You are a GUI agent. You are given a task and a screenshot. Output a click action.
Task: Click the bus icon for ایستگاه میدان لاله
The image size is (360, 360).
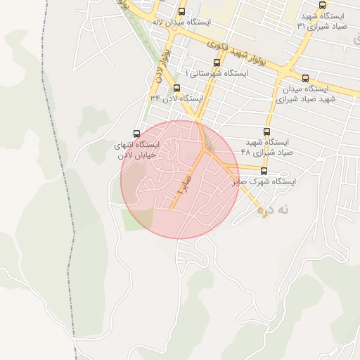point(182,12)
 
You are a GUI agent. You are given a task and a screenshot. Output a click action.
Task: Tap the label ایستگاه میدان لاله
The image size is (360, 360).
point(182,22)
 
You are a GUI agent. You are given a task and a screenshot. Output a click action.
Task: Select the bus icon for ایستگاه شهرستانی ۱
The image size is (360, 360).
point(216,63)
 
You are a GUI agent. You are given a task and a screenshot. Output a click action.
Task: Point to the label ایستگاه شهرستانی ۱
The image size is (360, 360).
point(216,73)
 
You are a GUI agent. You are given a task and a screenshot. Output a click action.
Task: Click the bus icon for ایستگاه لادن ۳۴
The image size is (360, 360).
point(176,89)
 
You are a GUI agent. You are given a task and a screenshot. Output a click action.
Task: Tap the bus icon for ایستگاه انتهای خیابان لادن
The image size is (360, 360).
point(136,134)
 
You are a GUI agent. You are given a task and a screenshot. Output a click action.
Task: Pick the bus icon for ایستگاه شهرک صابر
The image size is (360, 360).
point(264,171)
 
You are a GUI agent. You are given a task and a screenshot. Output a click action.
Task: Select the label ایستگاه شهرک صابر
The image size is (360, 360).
point(264,181)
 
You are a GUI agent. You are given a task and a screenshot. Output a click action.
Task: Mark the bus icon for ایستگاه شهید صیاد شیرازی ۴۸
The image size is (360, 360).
point(266,131)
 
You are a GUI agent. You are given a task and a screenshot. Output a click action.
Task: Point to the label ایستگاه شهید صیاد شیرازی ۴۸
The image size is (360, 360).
point(266,146)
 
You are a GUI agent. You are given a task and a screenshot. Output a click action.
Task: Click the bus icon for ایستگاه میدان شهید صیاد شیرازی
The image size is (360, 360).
point(305,78)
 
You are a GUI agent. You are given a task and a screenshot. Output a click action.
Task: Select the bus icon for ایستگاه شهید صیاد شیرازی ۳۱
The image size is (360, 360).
point(323,5)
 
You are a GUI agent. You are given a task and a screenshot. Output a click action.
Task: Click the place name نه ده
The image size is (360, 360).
point(272,210)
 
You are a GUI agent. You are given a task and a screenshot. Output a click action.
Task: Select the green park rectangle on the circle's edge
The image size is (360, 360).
point(137,219)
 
